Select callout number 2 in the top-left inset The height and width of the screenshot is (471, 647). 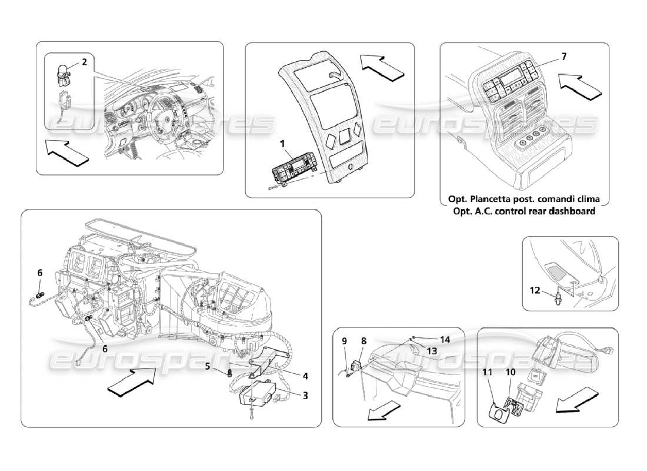(84, 62)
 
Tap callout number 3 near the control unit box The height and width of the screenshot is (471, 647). (305, 396)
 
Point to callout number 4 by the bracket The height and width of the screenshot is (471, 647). (305, 375)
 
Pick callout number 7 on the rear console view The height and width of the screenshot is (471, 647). (563, 57)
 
